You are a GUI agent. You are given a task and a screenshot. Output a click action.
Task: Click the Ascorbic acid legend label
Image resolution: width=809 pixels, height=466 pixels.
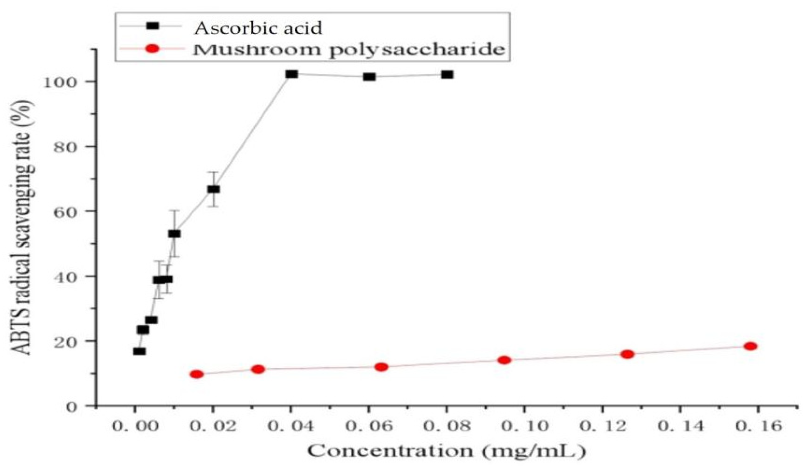(x=258, y=28)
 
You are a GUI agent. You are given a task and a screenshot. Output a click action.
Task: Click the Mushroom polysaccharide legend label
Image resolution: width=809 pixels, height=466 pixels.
(x=349, y=50)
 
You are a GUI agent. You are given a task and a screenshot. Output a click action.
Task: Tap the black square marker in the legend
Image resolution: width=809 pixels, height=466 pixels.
(x=152, y=26)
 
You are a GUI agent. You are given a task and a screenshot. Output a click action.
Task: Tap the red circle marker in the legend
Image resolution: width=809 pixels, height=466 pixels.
(x=152, y=49)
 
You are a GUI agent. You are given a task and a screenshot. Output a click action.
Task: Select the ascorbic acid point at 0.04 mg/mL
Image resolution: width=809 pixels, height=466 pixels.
(x=291, y=74)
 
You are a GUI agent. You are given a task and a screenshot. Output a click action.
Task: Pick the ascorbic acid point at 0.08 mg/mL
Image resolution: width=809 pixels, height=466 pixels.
(x=447, y=74)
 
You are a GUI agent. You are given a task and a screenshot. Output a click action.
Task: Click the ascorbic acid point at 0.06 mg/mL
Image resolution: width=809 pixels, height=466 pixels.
(x=369, y=77)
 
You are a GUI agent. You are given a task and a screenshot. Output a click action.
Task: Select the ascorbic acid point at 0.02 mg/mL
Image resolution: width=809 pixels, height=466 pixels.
(x=214, y=189)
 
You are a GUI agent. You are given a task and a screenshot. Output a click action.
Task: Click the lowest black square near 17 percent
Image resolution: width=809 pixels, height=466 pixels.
(x=139, y=351)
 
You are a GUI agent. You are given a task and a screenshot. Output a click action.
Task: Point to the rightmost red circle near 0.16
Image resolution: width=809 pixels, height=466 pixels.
(x=750, y=346)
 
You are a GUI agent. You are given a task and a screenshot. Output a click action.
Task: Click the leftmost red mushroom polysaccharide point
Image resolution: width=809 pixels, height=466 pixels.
(x=197, y=374)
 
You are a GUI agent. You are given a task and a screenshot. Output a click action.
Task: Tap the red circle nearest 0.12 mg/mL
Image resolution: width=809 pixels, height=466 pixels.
(x=627, y=354)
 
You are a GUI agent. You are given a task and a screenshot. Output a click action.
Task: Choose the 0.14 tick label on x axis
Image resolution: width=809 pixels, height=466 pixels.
(x=680, y=427)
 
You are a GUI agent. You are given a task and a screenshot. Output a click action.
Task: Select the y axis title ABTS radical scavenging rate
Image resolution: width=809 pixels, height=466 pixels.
(x=23, y=228)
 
